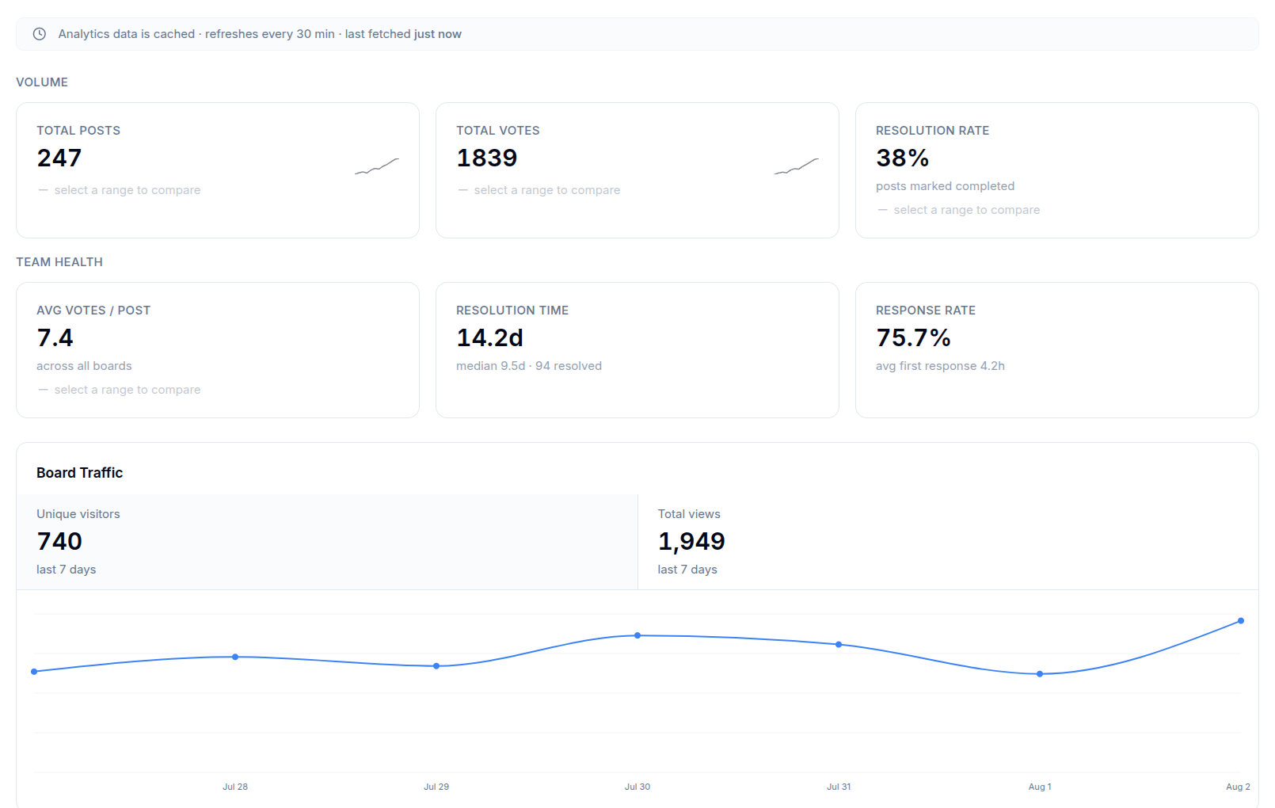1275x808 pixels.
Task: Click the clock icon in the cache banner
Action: [x=40, y=33]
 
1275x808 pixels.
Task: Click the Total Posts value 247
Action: [x=59, y=158]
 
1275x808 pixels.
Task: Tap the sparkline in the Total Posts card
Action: [x=377, y=166]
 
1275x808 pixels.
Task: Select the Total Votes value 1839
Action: [x=487, y=158]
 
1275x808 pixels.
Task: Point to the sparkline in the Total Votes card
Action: [x=797, y=166]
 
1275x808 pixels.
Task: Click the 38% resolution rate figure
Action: [x=902, y=158]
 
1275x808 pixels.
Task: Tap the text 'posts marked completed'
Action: [x=945, y=186]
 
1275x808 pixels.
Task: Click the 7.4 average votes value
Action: [x=55, y=337]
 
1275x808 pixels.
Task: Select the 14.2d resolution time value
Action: [x=489, y=337]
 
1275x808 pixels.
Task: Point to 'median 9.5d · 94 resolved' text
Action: [x=529, y=365]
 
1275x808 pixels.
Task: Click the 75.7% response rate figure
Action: [x=913, y=337]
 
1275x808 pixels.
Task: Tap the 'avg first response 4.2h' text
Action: [x=940, y=365]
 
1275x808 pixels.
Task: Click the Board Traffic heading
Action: [x=80, y=473]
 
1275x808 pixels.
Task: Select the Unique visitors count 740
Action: [x=59, y=541]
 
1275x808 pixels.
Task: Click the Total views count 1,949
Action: [x=691, y=541]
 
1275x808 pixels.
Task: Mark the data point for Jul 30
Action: [x=637, y=635]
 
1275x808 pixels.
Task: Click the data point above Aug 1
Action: [x=1040, y=674]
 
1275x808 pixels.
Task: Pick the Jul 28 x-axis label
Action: [x=235, y=787]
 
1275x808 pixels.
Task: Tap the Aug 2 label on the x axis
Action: [x=1238, y=787]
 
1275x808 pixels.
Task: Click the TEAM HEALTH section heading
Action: [x=59, y=262]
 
